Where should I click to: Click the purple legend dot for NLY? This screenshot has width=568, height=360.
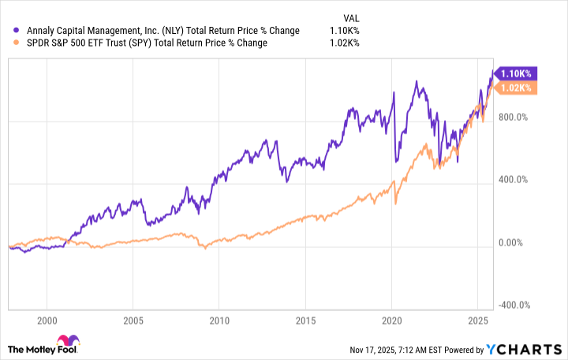pos(17,31)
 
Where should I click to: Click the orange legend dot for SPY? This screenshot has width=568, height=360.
pos(17,43)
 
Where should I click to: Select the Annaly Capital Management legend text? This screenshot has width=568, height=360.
pos(161,31)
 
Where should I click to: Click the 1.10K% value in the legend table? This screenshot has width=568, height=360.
pos(346,31)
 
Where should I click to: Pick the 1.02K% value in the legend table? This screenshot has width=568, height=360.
pos(346,43)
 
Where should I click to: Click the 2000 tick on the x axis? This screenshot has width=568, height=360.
pos(47,321)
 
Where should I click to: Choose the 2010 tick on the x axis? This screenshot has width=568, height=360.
pos(219,321)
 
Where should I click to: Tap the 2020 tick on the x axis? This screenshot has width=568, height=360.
pos(392,321)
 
